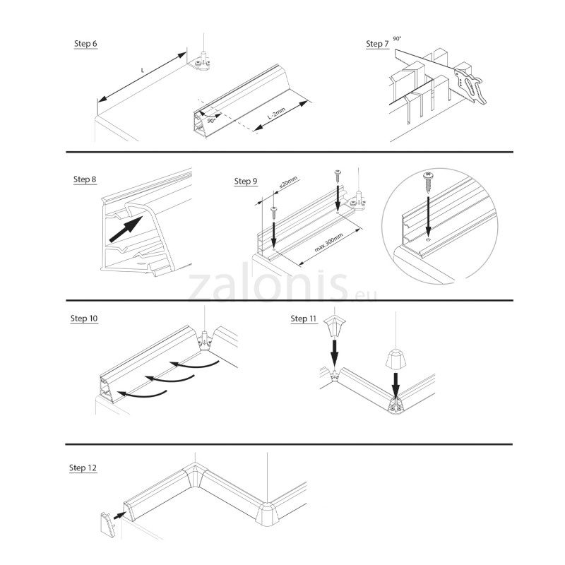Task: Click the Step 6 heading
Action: click(85, 44)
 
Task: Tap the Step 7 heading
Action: click(377, 44)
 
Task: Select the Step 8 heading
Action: click(85, 179)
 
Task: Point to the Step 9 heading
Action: click(246, 182)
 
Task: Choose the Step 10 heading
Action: click(84, 319)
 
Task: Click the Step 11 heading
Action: click(304, 319)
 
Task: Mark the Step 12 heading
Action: click(83, 468)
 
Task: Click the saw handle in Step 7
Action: click(471, 85)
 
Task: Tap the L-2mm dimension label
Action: click(277, 113)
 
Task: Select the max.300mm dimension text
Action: click(328, 242)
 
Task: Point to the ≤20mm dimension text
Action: click(288, 183)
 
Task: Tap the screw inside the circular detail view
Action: click(428, 182)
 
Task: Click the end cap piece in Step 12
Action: click(107, 525)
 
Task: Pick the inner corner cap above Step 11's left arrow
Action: click(335, 326)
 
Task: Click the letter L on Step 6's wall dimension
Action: click(143, 70)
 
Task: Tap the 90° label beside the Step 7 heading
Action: click(397, 39)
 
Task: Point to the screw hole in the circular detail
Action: click(428, 239)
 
